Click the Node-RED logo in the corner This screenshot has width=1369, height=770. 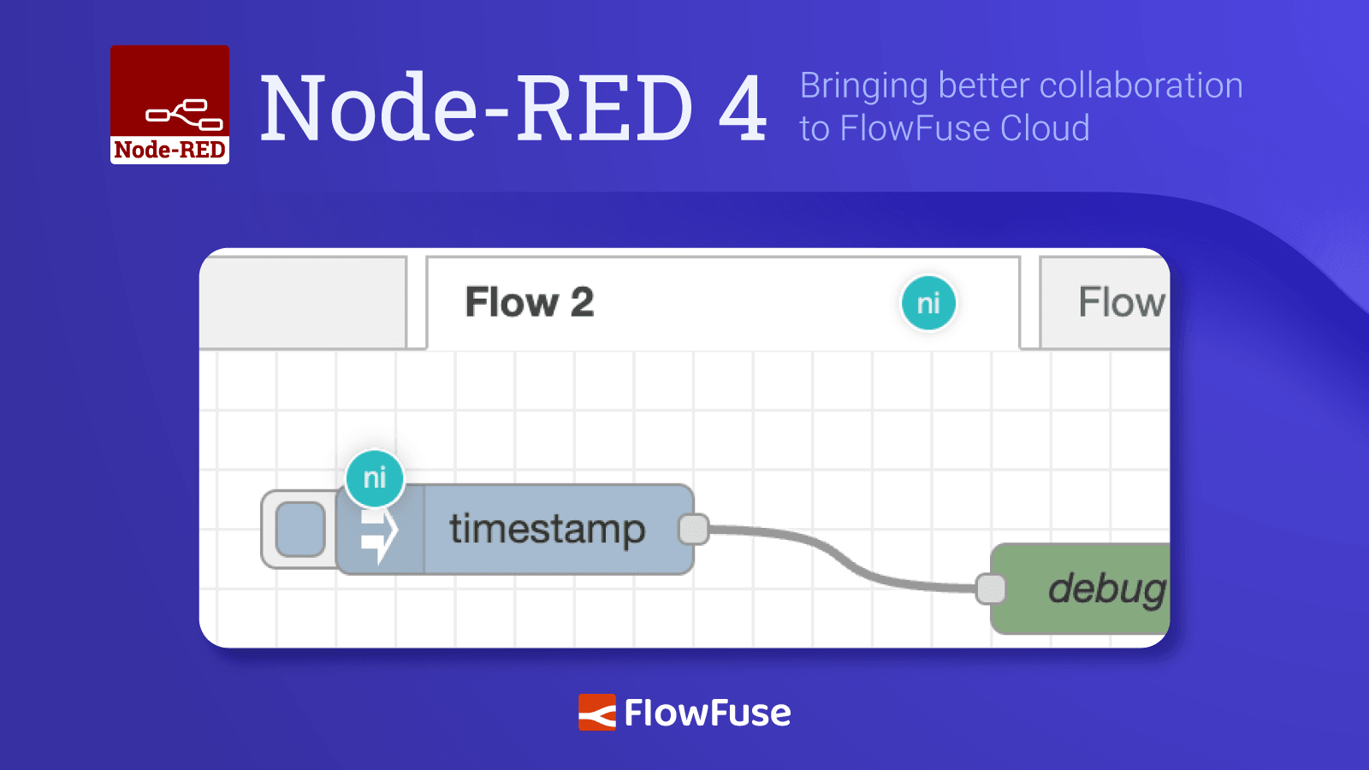click(x=169, y=104)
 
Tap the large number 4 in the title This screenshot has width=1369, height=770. click(x=743, y=109)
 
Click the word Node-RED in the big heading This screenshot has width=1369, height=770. click(x=475, y=109)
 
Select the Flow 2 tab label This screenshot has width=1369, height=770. click(x=529, y=302)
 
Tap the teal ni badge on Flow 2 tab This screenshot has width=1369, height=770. click(x=928, y=303)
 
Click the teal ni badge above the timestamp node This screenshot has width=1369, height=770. click(x=375, y=477)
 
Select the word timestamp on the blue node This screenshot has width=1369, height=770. click(x=547, y=529)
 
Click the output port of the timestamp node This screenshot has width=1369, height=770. click(x=694, y=529)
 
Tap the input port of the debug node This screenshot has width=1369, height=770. click(x=991, y=589)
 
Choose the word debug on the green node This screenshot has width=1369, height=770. click(x=1105, y=589)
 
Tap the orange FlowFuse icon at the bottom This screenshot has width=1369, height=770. click(x=596, y=712)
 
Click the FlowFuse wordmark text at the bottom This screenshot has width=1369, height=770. click(x=707, y=713)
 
